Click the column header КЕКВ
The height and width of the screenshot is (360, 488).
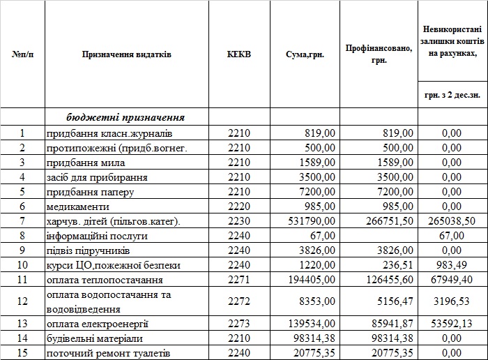pyautogui.click(x=239, y=54)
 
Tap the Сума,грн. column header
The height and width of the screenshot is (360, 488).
pyautogui.click(x=305, y=54)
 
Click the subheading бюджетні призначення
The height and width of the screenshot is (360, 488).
pyautogui.click(x=125, y=117)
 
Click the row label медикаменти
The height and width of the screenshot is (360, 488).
pyautogui.click(x=78, y=207)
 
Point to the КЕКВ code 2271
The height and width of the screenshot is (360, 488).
pyautogui.click(x=238, y=280)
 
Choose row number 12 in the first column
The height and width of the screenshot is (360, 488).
pyautogui.click(x=22, y=301)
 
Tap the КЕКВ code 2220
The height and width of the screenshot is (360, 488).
pyautogui.click(x=238, y=207)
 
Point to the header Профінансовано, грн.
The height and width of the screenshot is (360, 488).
pyautogui.click(x=379, y=54)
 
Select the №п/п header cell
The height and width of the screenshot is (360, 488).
pyautogui.click(x=22, y=54)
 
